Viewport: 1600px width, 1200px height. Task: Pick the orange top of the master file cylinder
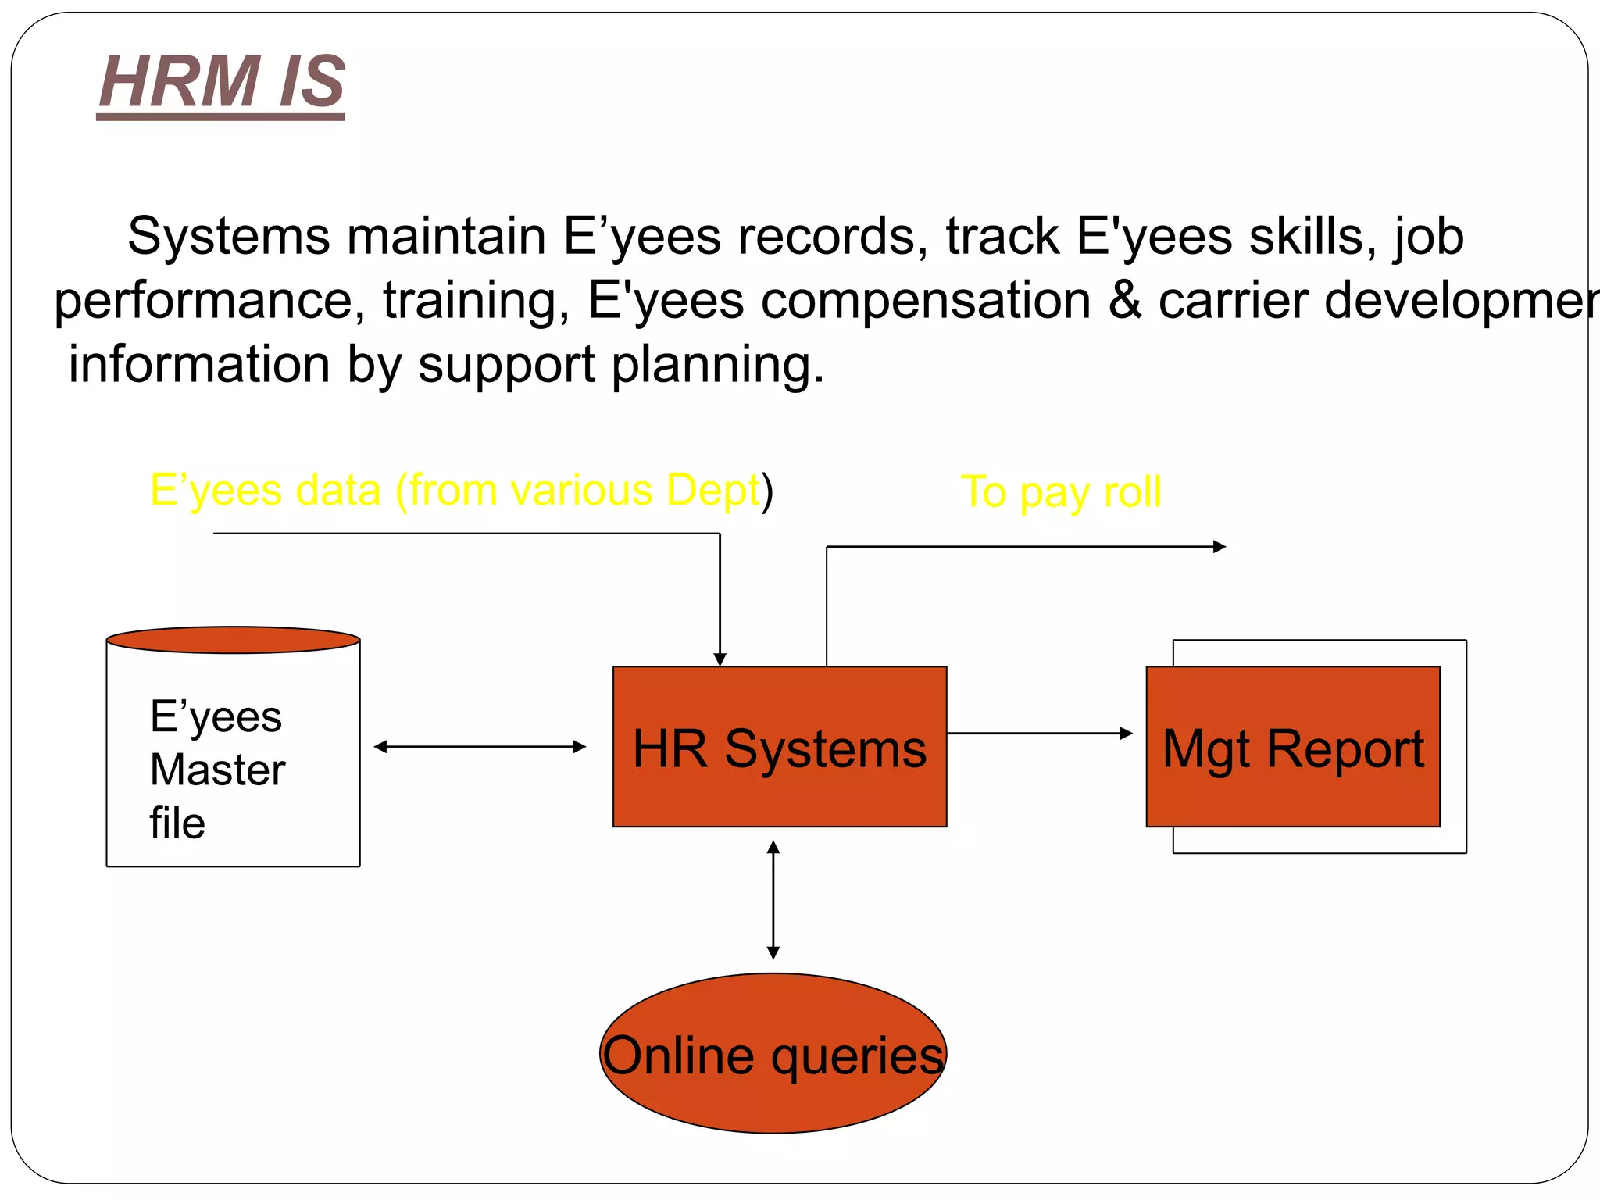[233, 640]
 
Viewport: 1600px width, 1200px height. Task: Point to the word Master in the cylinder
[217, 770]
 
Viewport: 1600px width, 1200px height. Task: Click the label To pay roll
[1060, 492]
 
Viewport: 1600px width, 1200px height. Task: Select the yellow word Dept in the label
[712, 491]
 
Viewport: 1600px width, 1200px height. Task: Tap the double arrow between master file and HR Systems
[480, 747]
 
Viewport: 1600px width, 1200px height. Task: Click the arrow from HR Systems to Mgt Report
[1039, 733]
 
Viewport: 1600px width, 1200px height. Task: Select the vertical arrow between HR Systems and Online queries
[773, 900]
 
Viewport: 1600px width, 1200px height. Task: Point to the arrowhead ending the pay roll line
[1220, 547]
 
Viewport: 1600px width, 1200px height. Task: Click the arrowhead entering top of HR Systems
[720, 659]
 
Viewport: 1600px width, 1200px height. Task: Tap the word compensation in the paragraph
[926, 300]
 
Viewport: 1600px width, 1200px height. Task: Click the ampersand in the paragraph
[1125, 300]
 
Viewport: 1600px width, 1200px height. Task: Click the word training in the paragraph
[476, 300]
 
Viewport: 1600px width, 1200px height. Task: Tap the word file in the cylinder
[177, 823]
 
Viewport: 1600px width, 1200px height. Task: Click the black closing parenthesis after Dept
[768, 491]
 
